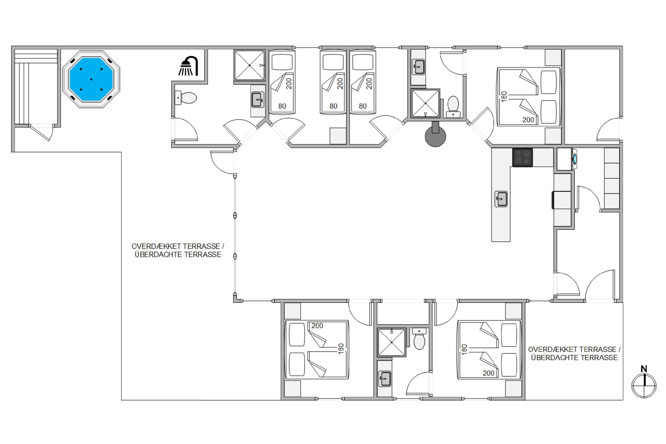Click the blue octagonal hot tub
click(x=91, y=79)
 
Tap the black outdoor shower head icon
click(x=188, y=66)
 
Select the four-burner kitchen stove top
click(x=522, y=157)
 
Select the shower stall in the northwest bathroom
click(x=250, y=65)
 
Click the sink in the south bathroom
click(x=385, y=379)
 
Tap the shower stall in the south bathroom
click(x=392, y=342)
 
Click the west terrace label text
click(x=178, y=250)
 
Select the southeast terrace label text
click(x=574, y=353)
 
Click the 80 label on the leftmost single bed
click(x=282, y=106)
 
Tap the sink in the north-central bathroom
click(x=418, y=67)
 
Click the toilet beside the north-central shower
click(x=453, y=107)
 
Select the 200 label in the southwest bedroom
click(x=317, y=326)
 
